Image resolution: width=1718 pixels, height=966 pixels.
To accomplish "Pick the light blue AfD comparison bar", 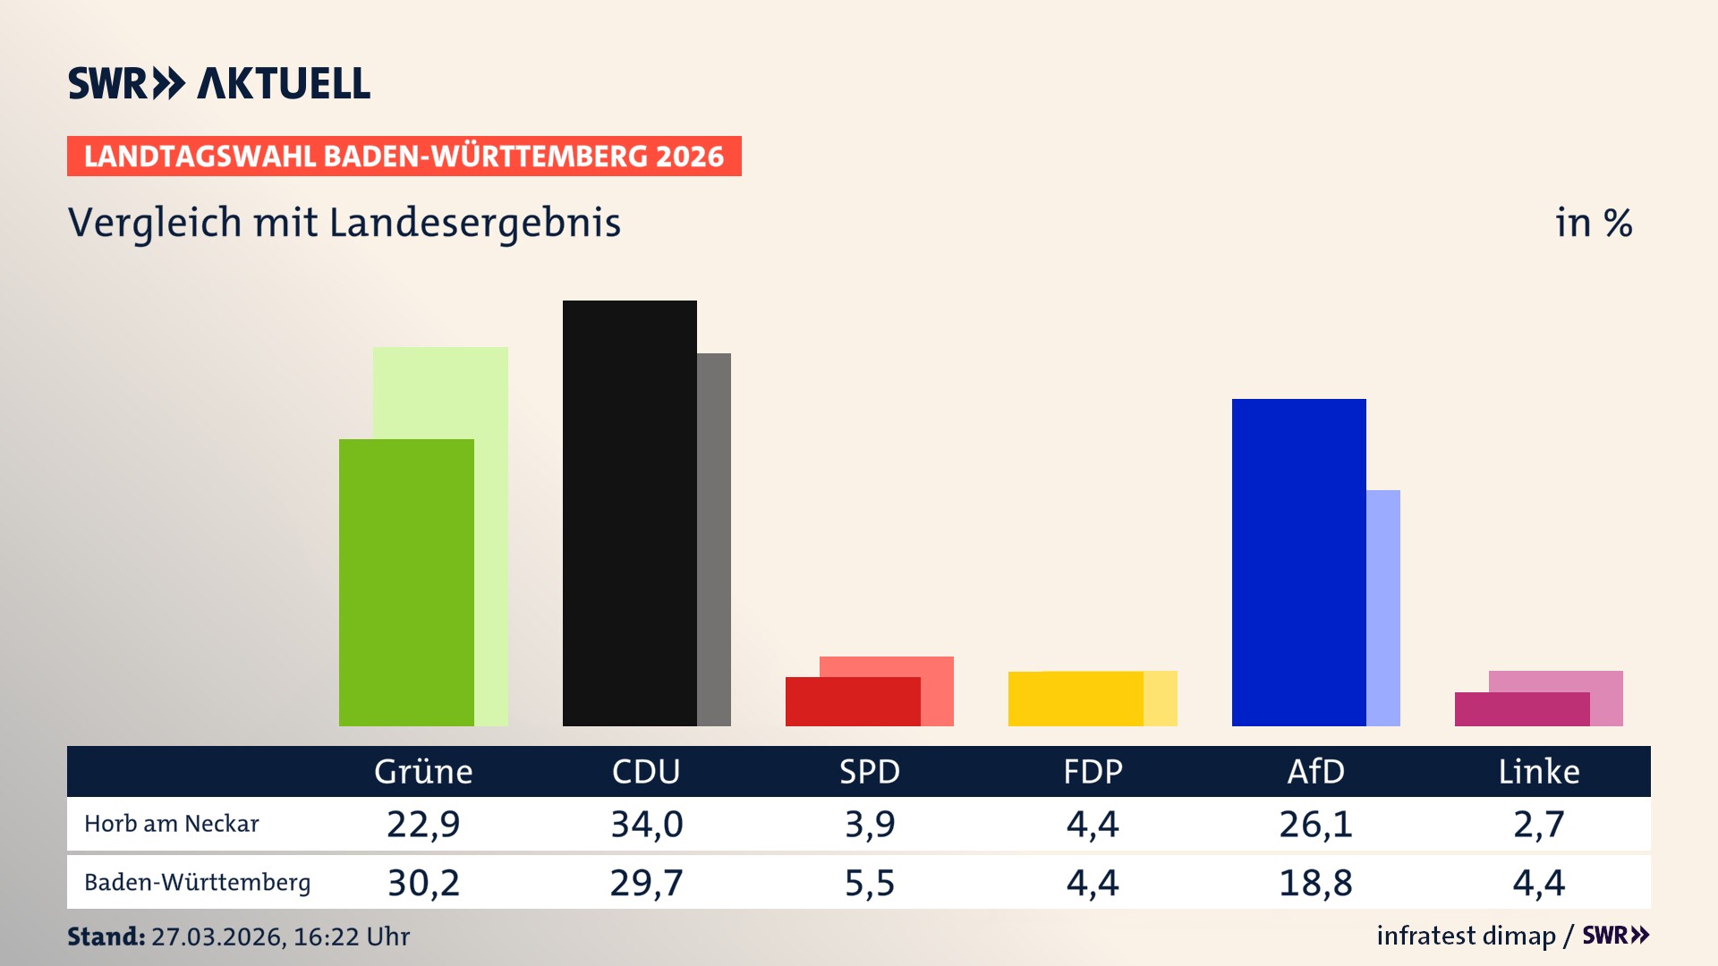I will [x=1383, y=607].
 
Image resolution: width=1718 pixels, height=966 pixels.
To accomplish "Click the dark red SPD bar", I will [x=852, y=701].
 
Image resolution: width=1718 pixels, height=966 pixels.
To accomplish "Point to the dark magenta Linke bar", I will [x=1521, y=709].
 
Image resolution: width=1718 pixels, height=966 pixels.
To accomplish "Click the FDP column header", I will [x=1093, y=771].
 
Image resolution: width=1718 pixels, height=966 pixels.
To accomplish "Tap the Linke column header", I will [x=1539, y=771].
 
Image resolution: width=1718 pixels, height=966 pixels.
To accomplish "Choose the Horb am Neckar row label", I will [x=171, y=824].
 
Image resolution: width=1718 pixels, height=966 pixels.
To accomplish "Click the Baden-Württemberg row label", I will [x=197, y=883].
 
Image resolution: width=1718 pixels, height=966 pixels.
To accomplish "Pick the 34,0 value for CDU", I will [x=646, y=824].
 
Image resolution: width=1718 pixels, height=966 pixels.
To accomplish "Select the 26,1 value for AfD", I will [x=1315, y=824].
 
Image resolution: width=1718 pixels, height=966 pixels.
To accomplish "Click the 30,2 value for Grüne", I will [x=423, y=883].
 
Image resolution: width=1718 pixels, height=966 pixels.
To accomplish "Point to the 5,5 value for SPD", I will [x=870, y=883].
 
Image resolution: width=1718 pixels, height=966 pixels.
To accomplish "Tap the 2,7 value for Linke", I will [x=1539, y=824].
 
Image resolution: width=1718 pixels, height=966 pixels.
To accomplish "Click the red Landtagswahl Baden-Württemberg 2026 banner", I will [x=404, y=156].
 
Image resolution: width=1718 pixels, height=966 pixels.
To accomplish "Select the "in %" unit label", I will [x=1594, y=223].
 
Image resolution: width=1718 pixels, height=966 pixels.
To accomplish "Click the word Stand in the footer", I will [x=106, y=936].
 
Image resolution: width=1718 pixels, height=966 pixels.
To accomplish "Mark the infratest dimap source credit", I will [x=1466, y=936].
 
